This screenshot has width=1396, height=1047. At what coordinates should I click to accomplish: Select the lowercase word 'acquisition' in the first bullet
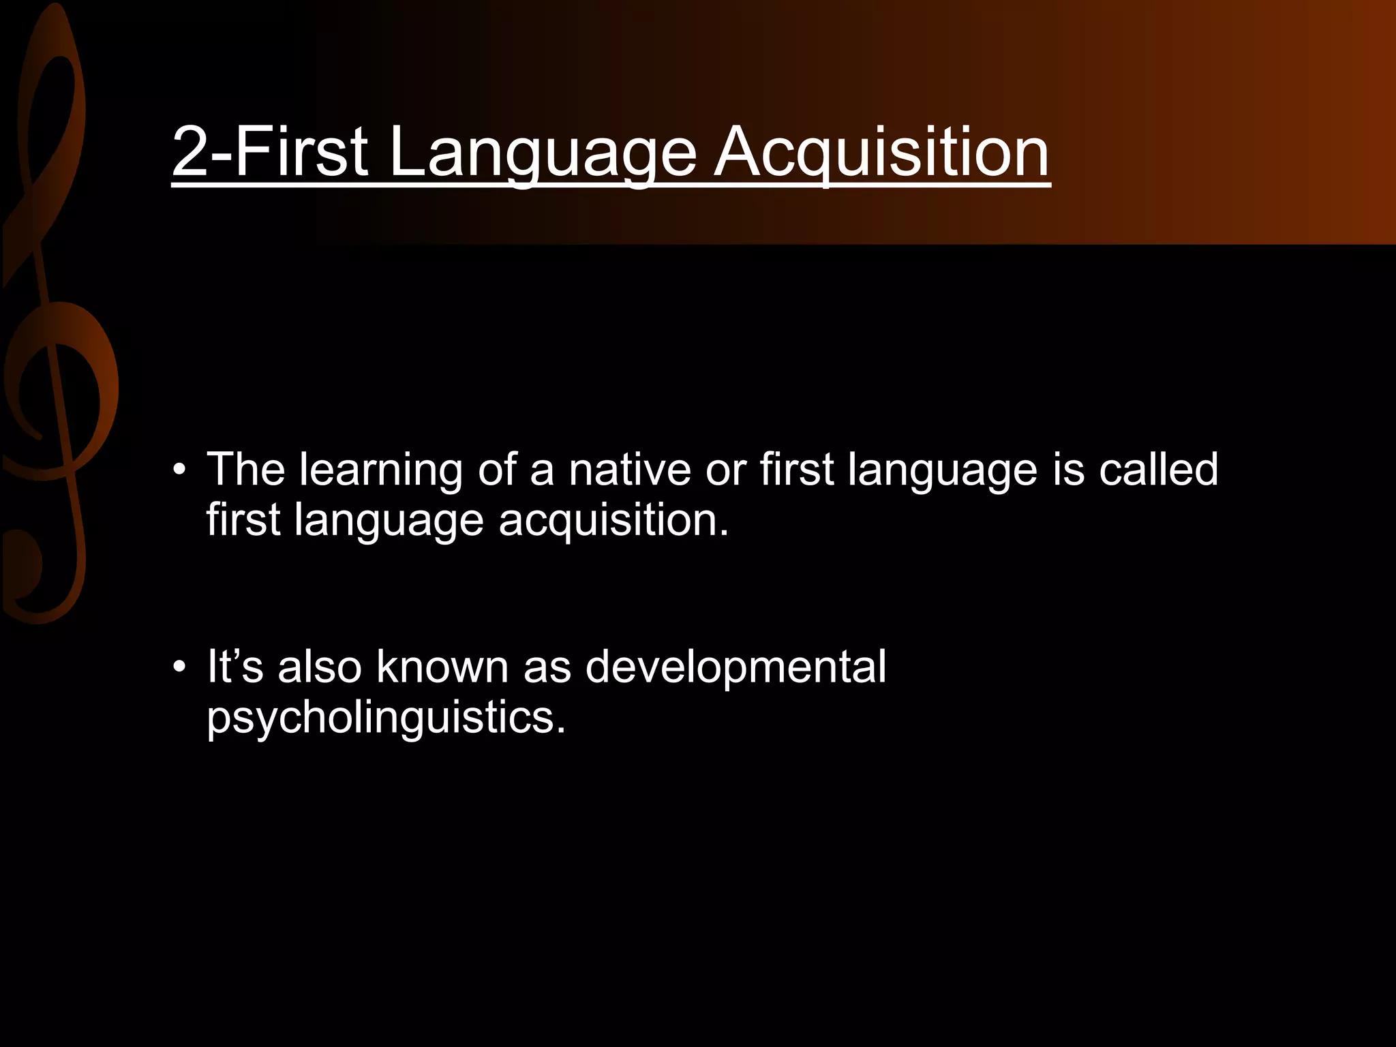tap(613, 521)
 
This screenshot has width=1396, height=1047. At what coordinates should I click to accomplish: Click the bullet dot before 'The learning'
tap(179, 470)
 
